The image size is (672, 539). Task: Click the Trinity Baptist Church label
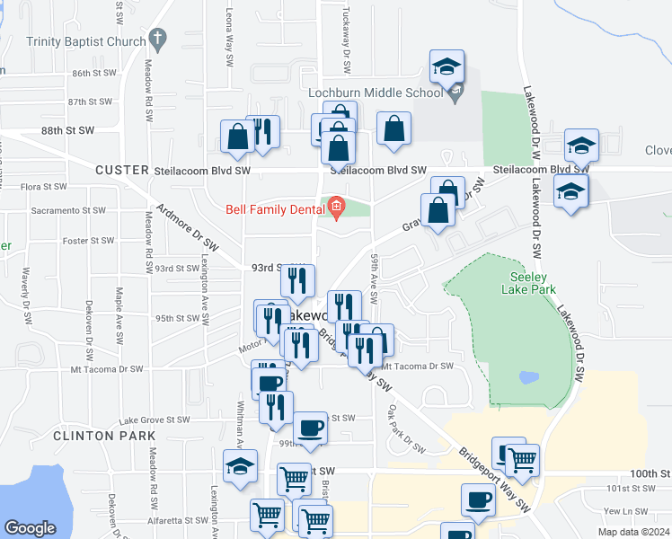click(86, 41)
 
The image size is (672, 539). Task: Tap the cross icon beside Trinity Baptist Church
click(158, 39)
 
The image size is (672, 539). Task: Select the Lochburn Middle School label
click(387, 92)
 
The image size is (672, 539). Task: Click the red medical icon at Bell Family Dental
click(337, 208)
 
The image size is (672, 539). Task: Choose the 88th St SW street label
click(67, 130)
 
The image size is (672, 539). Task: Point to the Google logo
click(30, 528)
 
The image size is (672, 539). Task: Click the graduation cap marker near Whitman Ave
click(240, 466)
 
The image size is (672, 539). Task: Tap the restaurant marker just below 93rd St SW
click(298, 281)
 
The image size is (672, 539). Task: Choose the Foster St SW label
click(88, 241)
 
